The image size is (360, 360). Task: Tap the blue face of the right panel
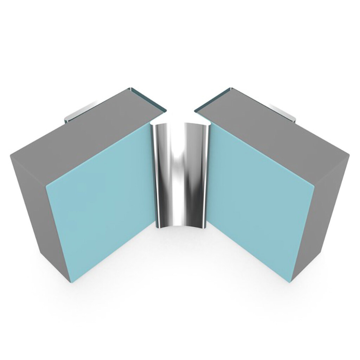tap(260, 200)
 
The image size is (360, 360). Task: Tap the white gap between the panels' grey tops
tap(180, 105)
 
